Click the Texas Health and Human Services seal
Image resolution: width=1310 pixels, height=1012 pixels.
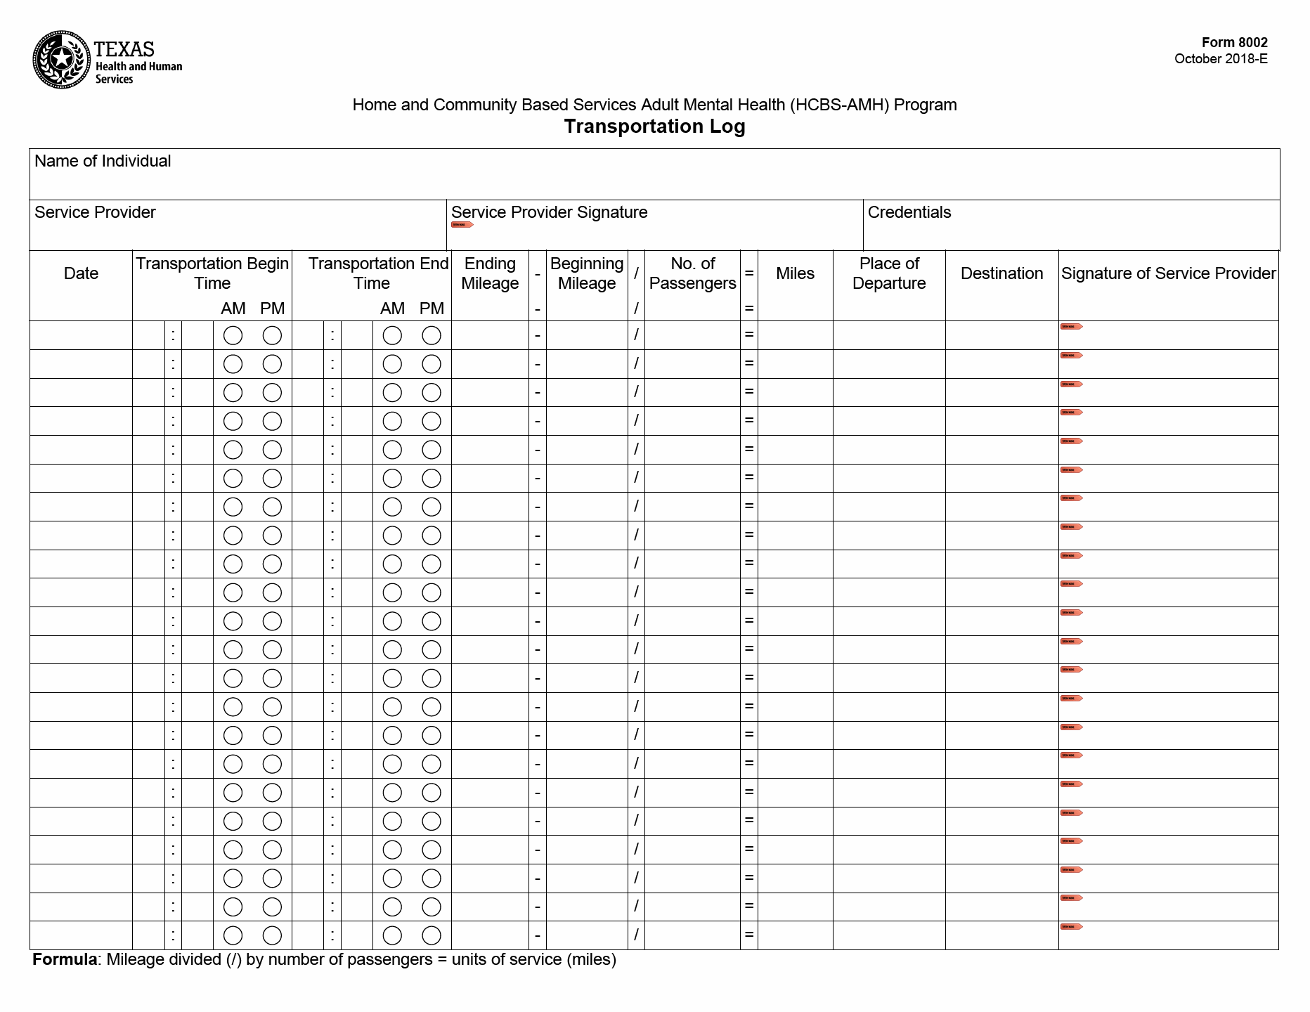click(62, 60)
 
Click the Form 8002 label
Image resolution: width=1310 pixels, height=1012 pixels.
click(1234, 42)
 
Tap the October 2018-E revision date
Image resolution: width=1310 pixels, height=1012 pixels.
click(1221, 59)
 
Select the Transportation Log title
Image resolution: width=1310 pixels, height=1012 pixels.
click(654, 126)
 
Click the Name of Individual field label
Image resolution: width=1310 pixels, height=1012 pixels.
click(103, 161)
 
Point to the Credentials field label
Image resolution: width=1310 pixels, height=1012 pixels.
click(909, 212)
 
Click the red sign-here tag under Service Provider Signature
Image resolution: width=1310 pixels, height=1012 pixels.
click(462, 225)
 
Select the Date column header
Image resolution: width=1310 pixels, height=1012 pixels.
click(81, 273)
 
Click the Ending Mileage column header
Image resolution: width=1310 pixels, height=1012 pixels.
click(490, 273)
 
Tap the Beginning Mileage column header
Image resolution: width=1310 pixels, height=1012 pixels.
click(586, 273)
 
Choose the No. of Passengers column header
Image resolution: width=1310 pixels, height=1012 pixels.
click(692, 273)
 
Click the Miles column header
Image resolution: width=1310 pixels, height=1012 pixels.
click(795, 273)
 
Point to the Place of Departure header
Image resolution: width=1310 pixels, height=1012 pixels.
click(889, 273)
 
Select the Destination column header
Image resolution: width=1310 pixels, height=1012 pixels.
click(1001, 273)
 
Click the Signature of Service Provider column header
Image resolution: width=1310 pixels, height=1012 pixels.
click(1168, 273)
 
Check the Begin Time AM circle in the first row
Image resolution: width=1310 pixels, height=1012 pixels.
click(233, 336)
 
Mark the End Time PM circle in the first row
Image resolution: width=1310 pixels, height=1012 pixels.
click(432, 336)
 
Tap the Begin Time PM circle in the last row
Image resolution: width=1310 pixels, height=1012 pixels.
click(272, 935)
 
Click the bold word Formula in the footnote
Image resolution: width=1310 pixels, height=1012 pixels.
click(65, 960)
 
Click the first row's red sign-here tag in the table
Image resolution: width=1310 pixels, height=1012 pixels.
click(1071, 327)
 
